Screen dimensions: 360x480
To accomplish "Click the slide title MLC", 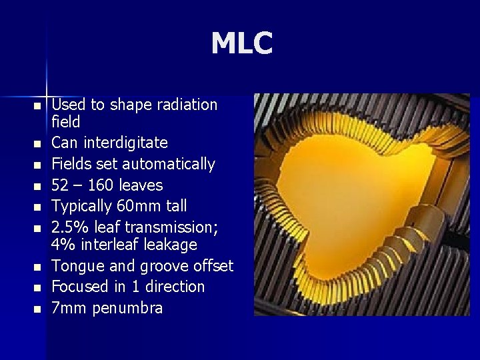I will tap(241, 44).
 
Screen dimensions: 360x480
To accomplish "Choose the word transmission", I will tap(165, 227).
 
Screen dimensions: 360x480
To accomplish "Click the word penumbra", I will tap(127, 308).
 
